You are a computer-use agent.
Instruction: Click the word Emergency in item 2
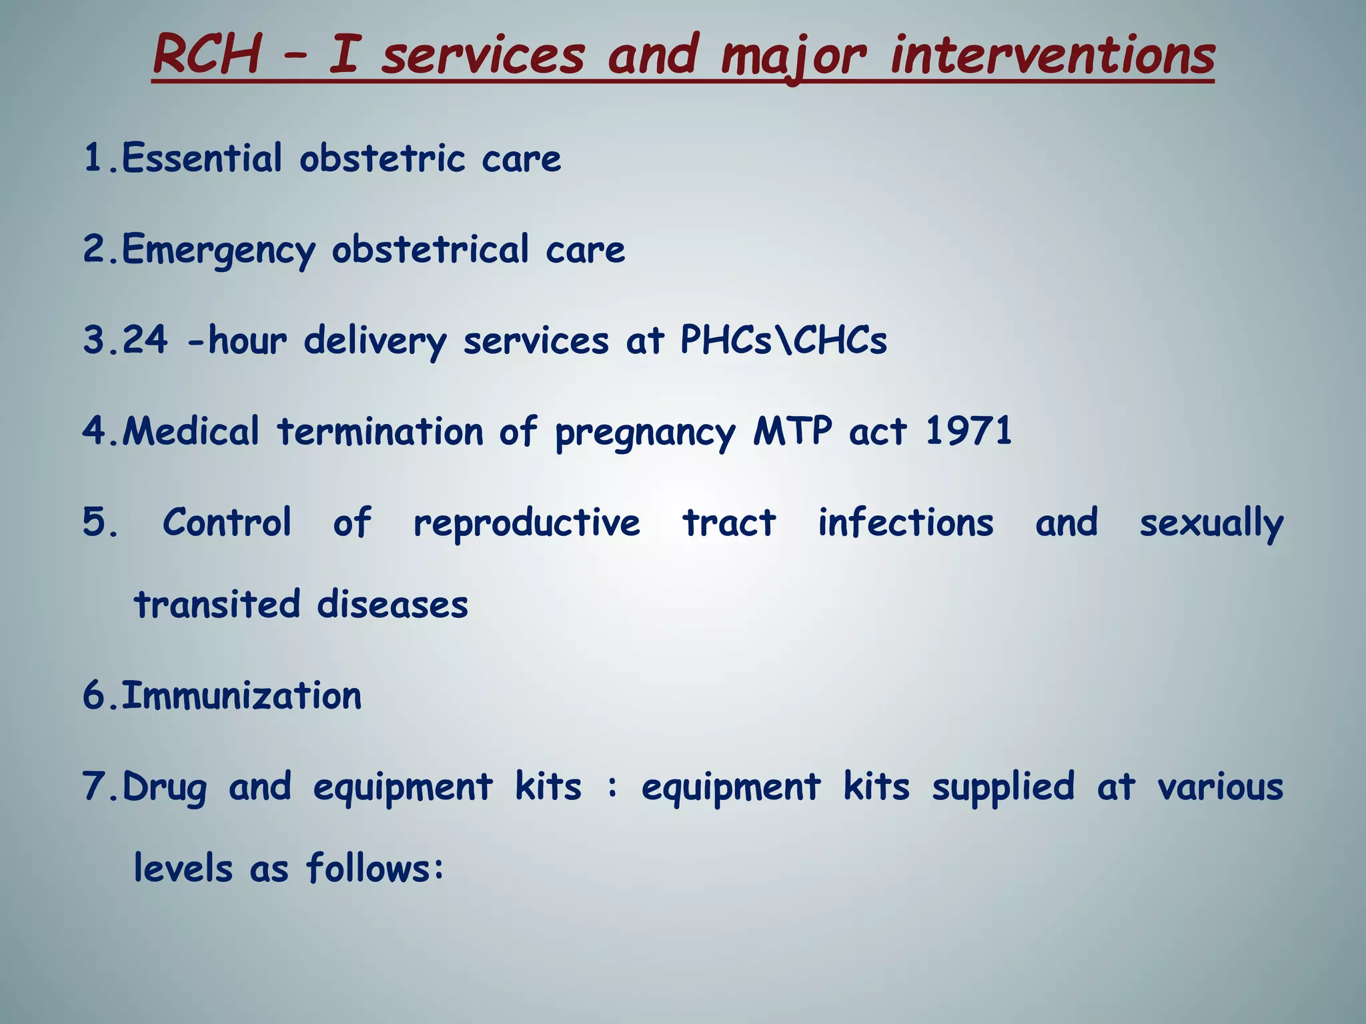click(x=218, y=251)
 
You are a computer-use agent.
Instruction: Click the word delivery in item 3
click(x=375, y=341)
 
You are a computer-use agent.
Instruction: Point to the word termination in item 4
click(x=380, y=431)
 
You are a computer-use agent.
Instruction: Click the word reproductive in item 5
click(x=527, y=523)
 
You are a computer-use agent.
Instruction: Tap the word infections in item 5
click(x=906, y=522)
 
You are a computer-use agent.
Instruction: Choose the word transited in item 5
click(x=217, y=604)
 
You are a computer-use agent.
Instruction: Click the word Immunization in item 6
click(x=241, y=695)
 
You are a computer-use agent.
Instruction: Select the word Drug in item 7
click(x=165, y=787)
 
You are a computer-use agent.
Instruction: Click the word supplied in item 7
click(x=1003, y=787)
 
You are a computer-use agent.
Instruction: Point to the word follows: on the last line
click(x=375, y=869)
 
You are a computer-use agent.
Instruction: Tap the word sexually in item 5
click(x=1211, y=523)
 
